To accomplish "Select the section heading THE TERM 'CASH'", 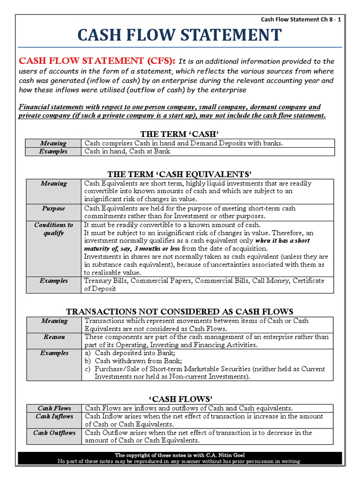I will pyautogui.click(x=180, y=134).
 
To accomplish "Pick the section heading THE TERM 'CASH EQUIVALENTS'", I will pyautogui.click(x=180, y=174).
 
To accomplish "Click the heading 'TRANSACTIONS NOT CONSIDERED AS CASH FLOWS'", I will pyautogui.click(x=180, y=312).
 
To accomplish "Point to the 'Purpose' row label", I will pyautogui.click(x=53, y=208).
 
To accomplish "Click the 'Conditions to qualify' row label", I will pyautogui.click(x=53, y=229).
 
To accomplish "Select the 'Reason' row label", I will pyautogui.click(x=53, y=337).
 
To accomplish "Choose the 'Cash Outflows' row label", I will pyautogui.click(x=54, y=433).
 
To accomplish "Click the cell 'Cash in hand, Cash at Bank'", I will pyautogui.click(x=127, y=151).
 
